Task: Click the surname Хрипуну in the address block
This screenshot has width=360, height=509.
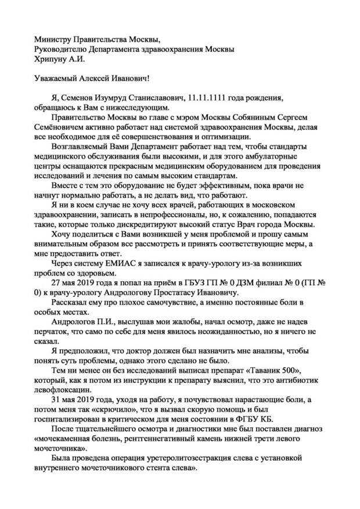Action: (x=51, y=59)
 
